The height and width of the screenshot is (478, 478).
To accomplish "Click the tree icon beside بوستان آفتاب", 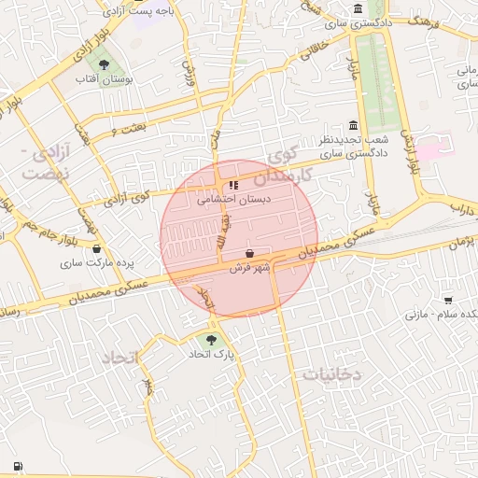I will tap(103, 65).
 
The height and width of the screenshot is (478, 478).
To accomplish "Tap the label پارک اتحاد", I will tap(212, 355).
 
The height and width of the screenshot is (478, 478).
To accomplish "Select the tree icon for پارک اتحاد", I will tap(212, 340).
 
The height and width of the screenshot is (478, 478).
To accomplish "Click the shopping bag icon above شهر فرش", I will tap(249, 254).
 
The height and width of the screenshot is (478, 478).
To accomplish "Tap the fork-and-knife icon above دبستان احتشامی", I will tap(233, 185).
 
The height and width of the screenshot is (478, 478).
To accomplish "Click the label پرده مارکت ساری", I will tap(99, 263).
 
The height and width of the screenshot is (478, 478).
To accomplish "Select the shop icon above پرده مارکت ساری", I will tap(97, 248).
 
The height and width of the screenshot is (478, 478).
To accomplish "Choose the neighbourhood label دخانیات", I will tap(330, 374).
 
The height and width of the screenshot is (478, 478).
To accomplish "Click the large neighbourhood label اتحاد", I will tap(119, 358).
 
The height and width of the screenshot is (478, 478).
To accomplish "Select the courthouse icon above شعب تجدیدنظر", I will tap(352, 125).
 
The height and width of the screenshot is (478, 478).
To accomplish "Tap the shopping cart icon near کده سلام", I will tap(448, 300).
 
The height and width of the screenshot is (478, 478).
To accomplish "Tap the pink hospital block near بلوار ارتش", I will tap(431, 148).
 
